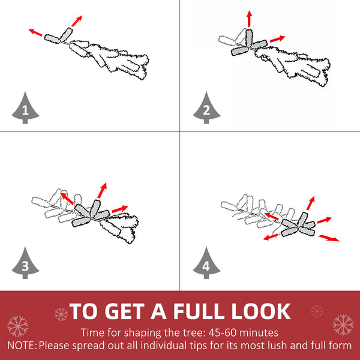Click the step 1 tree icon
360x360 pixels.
25,109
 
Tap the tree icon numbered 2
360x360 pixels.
206,109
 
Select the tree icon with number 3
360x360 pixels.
25,264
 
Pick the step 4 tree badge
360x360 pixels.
206,264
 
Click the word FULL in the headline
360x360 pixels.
199,311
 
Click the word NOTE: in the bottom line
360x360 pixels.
22,346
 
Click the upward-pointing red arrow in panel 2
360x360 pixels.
250,19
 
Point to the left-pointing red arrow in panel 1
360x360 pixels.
35,32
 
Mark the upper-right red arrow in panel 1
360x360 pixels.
77,21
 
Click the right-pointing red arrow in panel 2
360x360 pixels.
278,39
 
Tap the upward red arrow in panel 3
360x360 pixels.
102,190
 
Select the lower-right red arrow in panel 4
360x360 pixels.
329,238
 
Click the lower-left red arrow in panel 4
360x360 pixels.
271,237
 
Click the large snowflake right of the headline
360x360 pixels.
343,325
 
